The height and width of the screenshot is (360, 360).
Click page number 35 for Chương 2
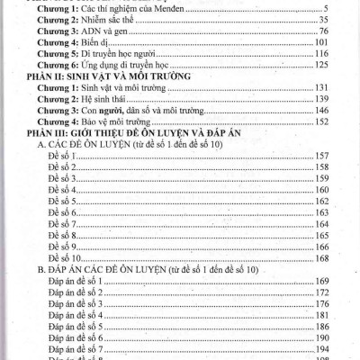coord(326,19)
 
